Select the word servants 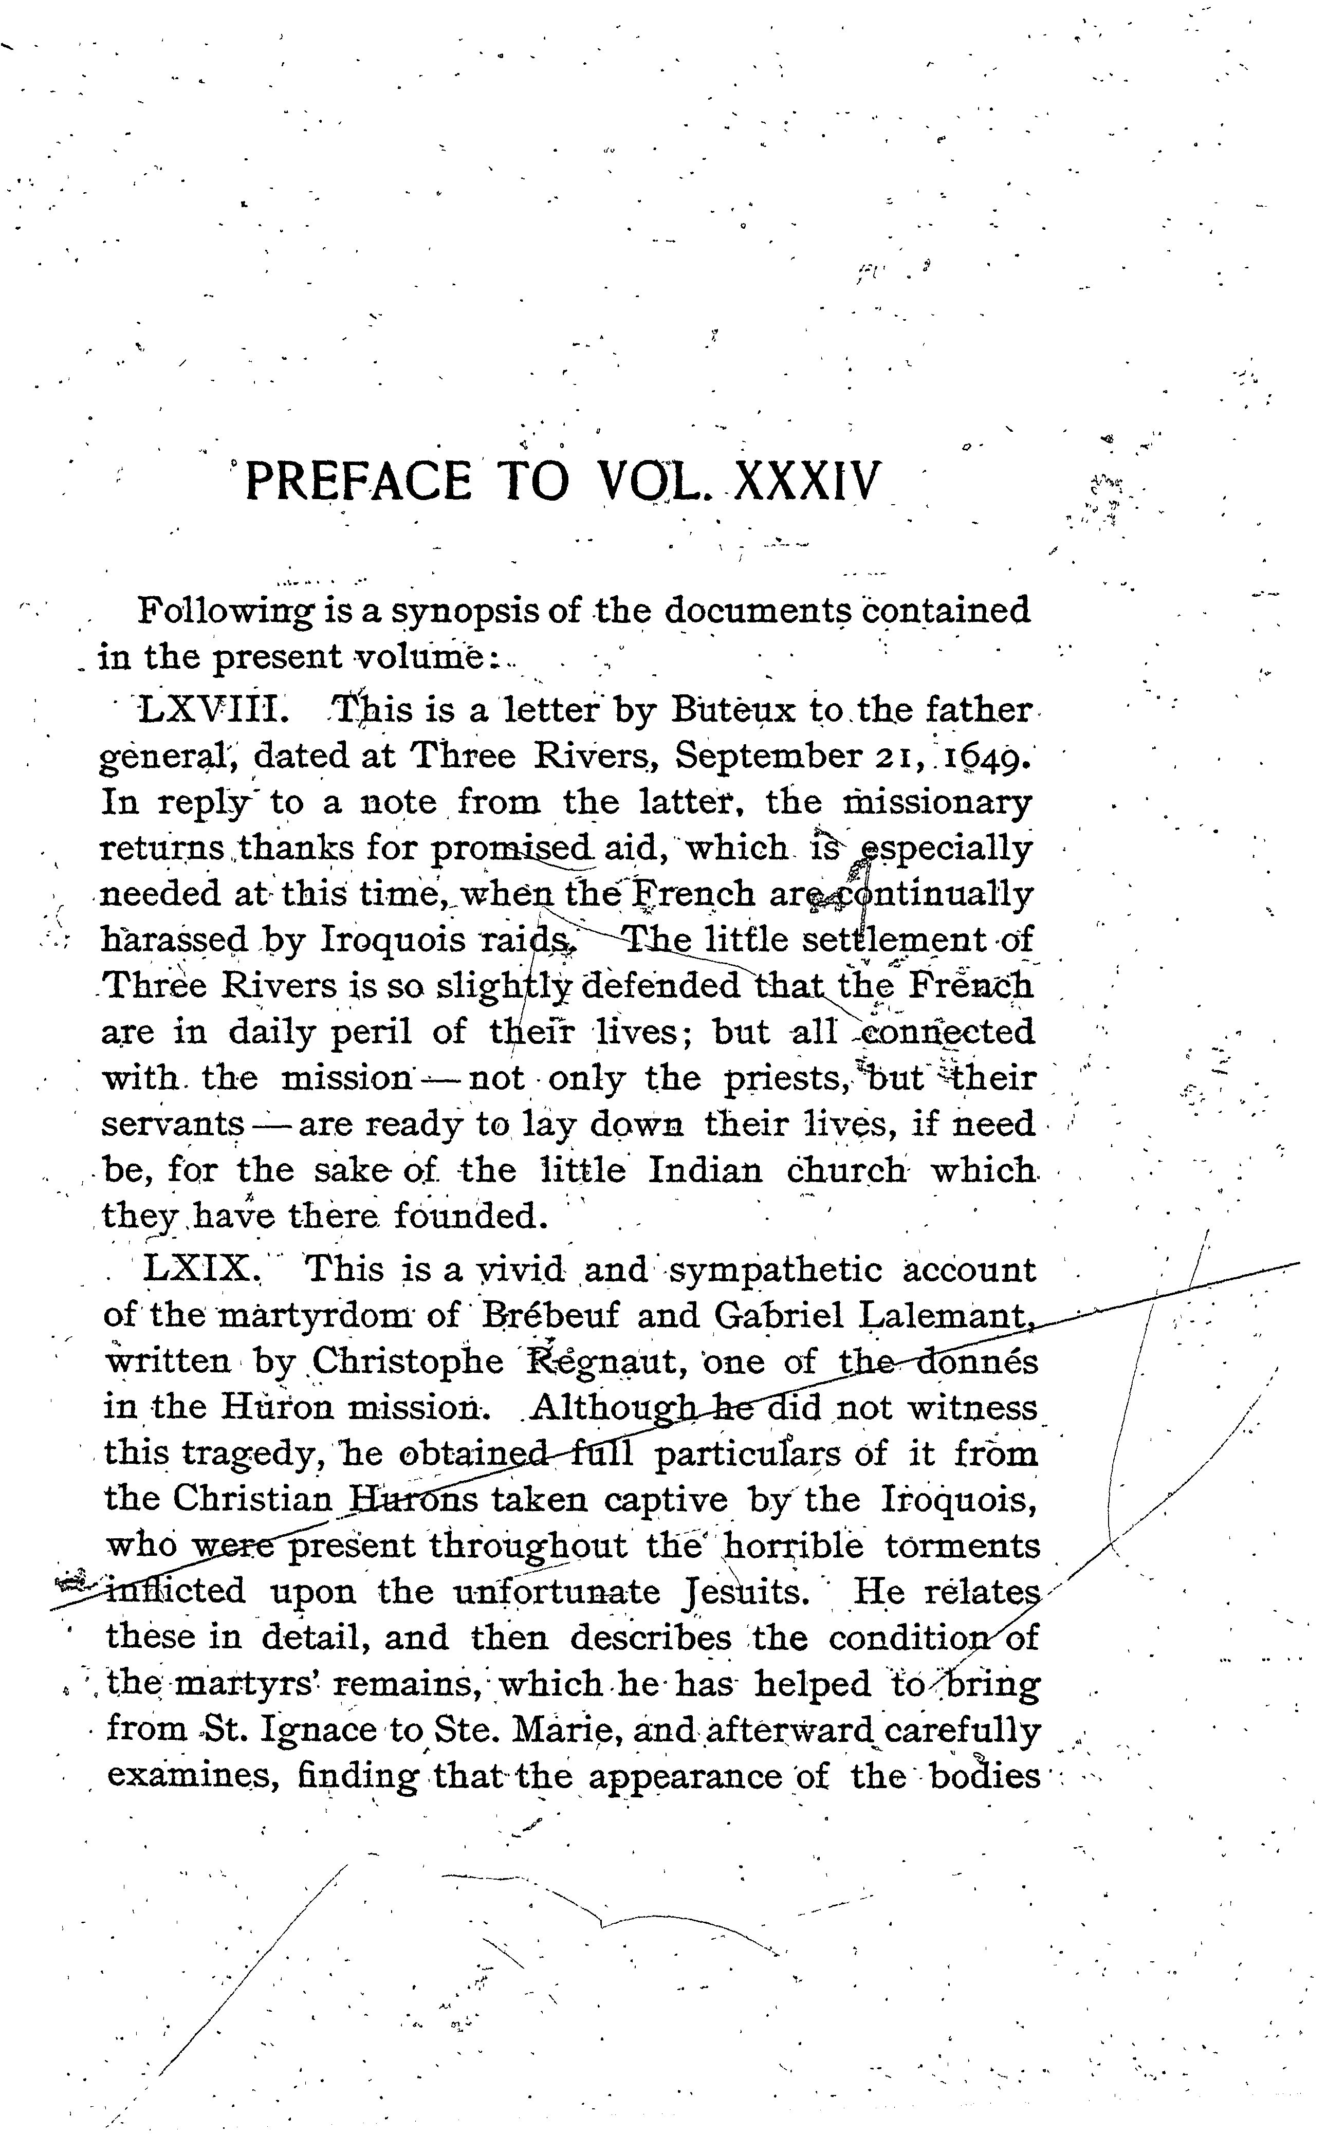[x=172, y=1124]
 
